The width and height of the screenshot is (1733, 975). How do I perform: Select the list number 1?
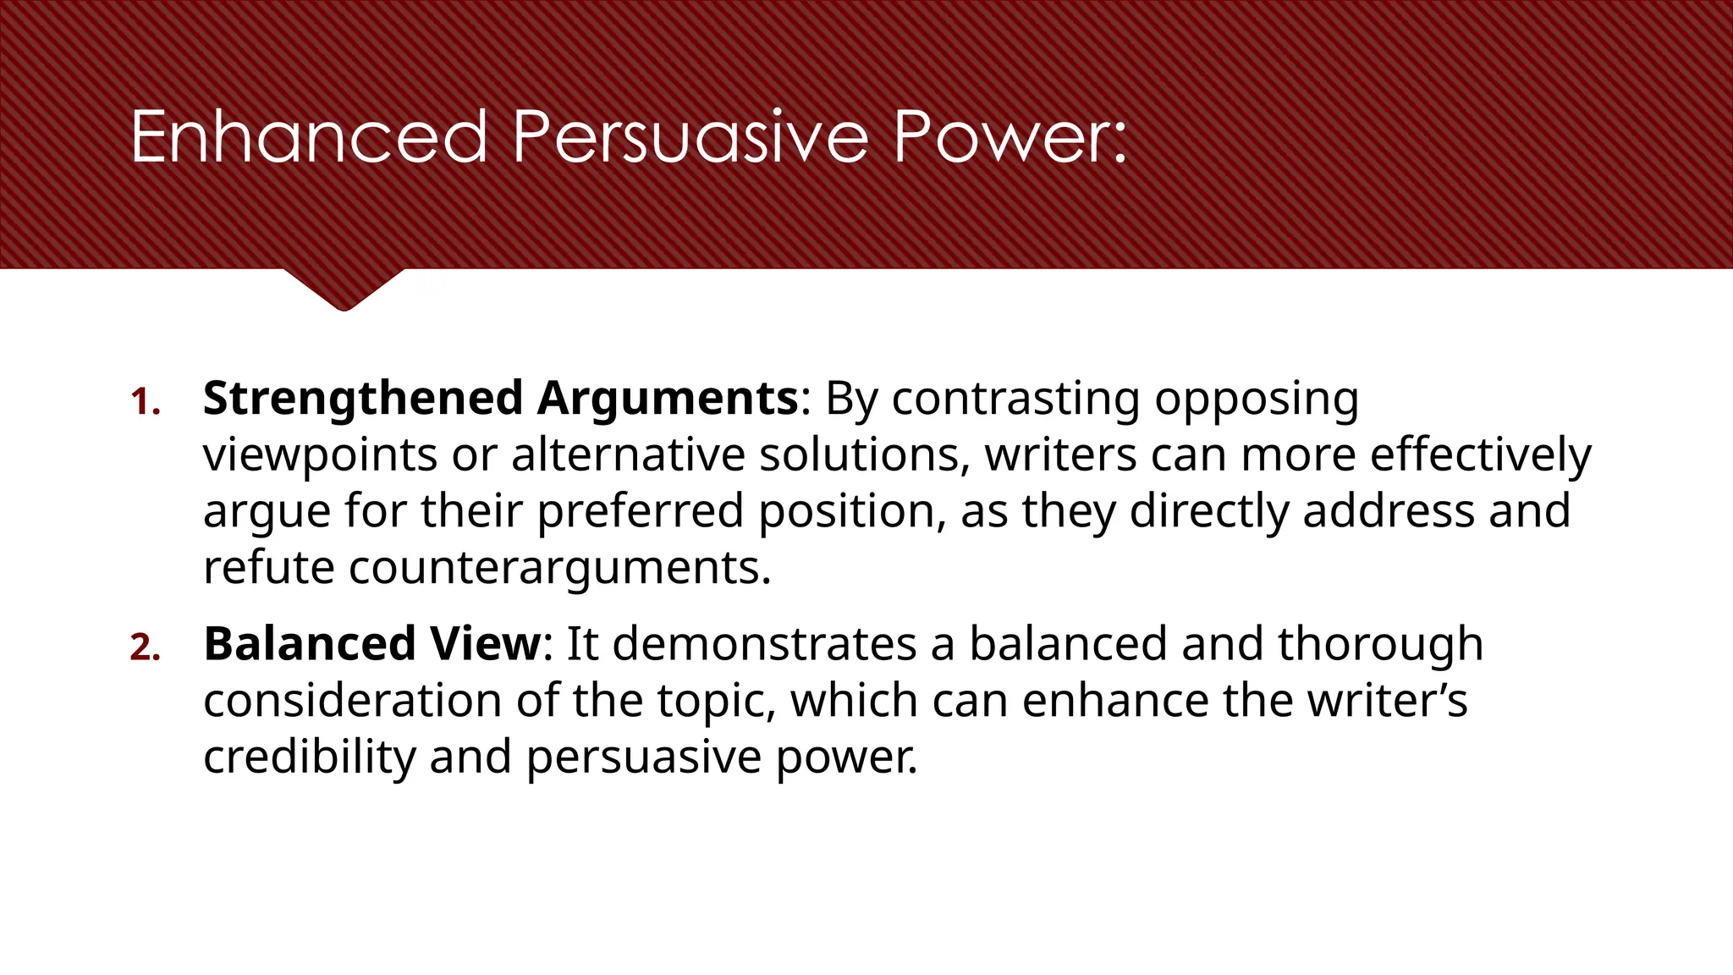tap(145, 402)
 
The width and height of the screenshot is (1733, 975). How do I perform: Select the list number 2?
tap(145, 647)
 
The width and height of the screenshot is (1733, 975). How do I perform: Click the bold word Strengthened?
tap(363, 399)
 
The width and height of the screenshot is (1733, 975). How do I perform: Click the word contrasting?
tap(1015, 399)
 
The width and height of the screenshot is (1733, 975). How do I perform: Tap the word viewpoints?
tap(320, 455)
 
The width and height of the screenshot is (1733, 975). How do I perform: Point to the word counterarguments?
tap(559, 568)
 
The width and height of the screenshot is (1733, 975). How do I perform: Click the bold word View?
tap(485, 644)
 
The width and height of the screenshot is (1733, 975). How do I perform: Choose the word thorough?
tap(1380, 644)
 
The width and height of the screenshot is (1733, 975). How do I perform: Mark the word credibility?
tap(310, 757)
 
